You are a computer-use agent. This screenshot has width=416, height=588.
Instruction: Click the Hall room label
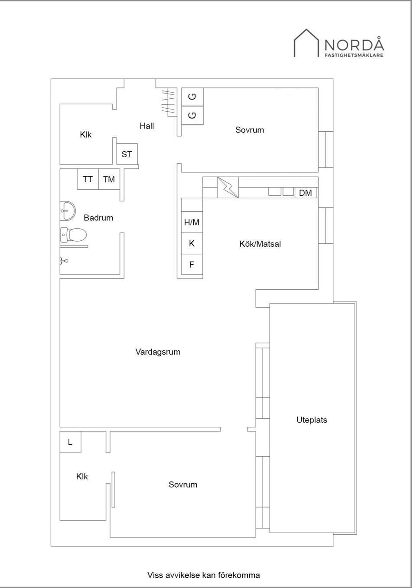coord(146,126)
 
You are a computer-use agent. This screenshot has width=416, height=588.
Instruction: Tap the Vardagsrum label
coord(158,352)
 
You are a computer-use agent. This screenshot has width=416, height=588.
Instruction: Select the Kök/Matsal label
coord(260,244)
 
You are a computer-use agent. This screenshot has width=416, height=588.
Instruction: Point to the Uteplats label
coord(312,420)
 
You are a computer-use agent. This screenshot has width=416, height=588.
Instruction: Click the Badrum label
coord(98,218)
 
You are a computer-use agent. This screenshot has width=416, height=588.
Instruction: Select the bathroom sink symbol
coord(67,211)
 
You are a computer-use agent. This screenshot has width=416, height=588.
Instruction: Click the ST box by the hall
coord(127,154)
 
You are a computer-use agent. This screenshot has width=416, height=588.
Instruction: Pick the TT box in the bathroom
coord(88,179)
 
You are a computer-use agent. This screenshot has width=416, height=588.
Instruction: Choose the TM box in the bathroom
coord(109,179)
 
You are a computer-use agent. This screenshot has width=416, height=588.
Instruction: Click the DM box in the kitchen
coord(305,193)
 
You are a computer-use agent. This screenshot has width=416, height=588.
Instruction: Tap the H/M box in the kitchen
coord(192,223)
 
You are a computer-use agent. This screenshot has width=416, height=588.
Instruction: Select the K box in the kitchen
coord(192,244)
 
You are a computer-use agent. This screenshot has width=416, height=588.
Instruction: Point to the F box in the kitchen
coord(192,265)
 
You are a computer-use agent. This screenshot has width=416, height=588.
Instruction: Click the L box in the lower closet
coord(70,442)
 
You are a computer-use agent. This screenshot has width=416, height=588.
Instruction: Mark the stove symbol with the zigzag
coord(227,187)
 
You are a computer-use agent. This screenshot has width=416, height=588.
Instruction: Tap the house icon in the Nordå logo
coord(306,43)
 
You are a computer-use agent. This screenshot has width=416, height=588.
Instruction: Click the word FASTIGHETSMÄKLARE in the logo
coord(354,55)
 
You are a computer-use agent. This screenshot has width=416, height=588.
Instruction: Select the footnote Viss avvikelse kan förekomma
coord(204,575)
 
